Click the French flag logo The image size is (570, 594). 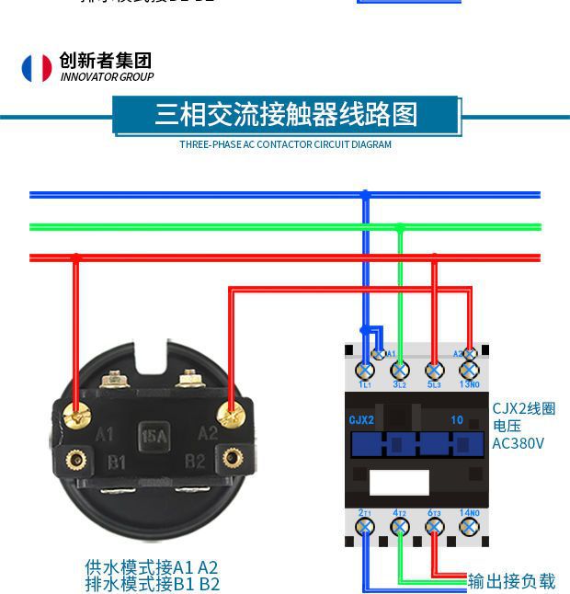tap(37, 68)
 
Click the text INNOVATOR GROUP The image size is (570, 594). tap(107, 77)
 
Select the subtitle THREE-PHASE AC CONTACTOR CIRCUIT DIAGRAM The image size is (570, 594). tap(285, 144)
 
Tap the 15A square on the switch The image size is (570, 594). tap(153, 435)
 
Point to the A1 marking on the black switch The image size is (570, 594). tap(106, 434)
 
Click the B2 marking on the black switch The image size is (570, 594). tap(195, 461)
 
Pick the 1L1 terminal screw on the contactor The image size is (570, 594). tap(365, 371)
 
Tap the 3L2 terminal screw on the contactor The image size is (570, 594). tap(400, 371)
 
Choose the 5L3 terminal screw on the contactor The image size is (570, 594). tap(435, 371)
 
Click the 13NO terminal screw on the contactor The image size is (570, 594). tap(470, 371)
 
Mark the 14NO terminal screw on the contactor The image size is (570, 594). tap(470, 527)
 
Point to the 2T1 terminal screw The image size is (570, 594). tap(365, 527)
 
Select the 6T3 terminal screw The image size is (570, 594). tap(435, 527)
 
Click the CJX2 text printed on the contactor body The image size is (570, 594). tap(361, 420)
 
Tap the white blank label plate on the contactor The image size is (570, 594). tap(399, 479)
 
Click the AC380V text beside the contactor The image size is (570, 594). tap(518, 443)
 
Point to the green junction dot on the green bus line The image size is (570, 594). tap(400, 226)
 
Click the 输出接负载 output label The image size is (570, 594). tap(512, 581)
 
